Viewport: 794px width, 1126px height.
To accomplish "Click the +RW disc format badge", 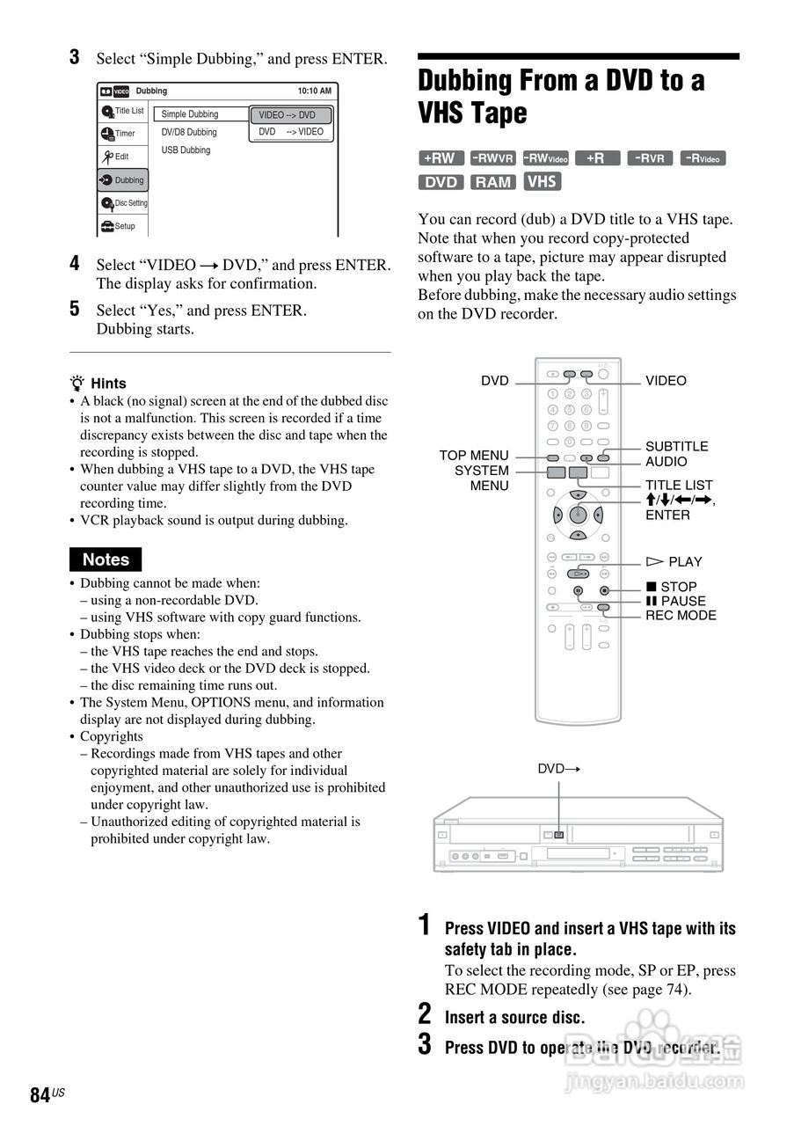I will tap(440, 158).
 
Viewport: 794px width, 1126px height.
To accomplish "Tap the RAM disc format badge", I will tap(492, 182).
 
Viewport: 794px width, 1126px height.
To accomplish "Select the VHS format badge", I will tap(543, 181).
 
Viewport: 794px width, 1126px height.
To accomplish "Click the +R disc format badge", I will tap(597, 158).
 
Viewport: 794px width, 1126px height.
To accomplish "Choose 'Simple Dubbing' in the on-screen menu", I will tap(190, 114).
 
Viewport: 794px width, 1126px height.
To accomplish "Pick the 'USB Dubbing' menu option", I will tap(186, 150).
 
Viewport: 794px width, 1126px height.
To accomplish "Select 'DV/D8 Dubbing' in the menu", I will tap(188, 132).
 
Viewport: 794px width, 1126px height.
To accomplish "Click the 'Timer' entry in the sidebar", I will tap(124, 134).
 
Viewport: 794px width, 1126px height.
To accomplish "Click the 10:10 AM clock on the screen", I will tap(314, 91).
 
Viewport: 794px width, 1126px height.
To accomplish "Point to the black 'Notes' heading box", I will tap(106, 559).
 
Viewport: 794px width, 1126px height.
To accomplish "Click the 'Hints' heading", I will tap(108, 384).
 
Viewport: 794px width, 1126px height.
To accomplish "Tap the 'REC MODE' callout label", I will tap(681, 616).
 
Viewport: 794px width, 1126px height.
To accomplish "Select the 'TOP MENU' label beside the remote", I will tap(474, 455).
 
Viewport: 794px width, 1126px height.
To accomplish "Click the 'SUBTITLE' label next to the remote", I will tap(676, 446).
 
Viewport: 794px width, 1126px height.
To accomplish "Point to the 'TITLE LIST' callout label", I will tap(679, 485).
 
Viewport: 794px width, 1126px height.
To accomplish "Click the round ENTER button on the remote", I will tap(578, 515).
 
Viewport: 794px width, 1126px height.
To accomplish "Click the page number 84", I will tap(40, 1095).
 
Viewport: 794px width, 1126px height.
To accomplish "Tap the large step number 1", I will tap(424, 925).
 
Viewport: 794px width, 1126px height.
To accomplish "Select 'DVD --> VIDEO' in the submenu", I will tap(290, 132).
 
